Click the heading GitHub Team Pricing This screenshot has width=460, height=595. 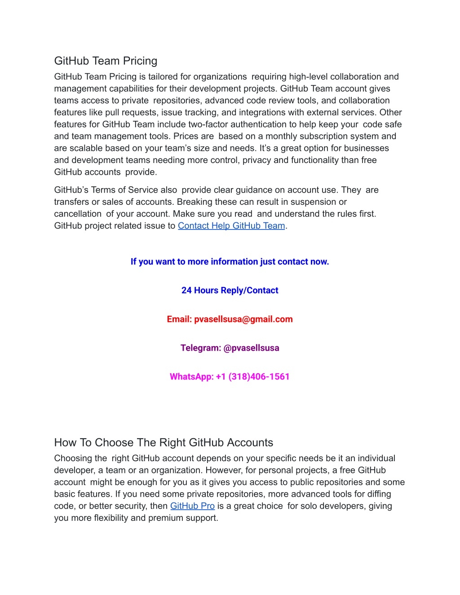[x=106, y=61]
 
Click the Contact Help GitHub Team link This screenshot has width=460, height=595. [x=231, y=226]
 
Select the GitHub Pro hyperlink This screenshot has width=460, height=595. [x=192, y=506]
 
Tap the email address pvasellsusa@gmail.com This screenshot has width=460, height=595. [x=243, y=319]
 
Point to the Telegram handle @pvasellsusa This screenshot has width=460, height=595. [x=251, y=348]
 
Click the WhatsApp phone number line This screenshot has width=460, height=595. [x=230, y=377]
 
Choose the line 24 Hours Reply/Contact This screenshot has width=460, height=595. [x=230, y=291]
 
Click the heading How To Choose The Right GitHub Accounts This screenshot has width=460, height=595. [x=164, y=443]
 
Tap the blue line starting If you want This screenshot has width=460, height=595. [x=230, y=262]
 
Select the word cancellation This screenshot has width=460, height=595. [x=78, y=214]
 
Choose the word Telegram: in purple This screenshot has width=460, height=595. [x=200, y=348]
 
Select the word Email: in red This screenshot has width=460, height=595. [x=179, y=319]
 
